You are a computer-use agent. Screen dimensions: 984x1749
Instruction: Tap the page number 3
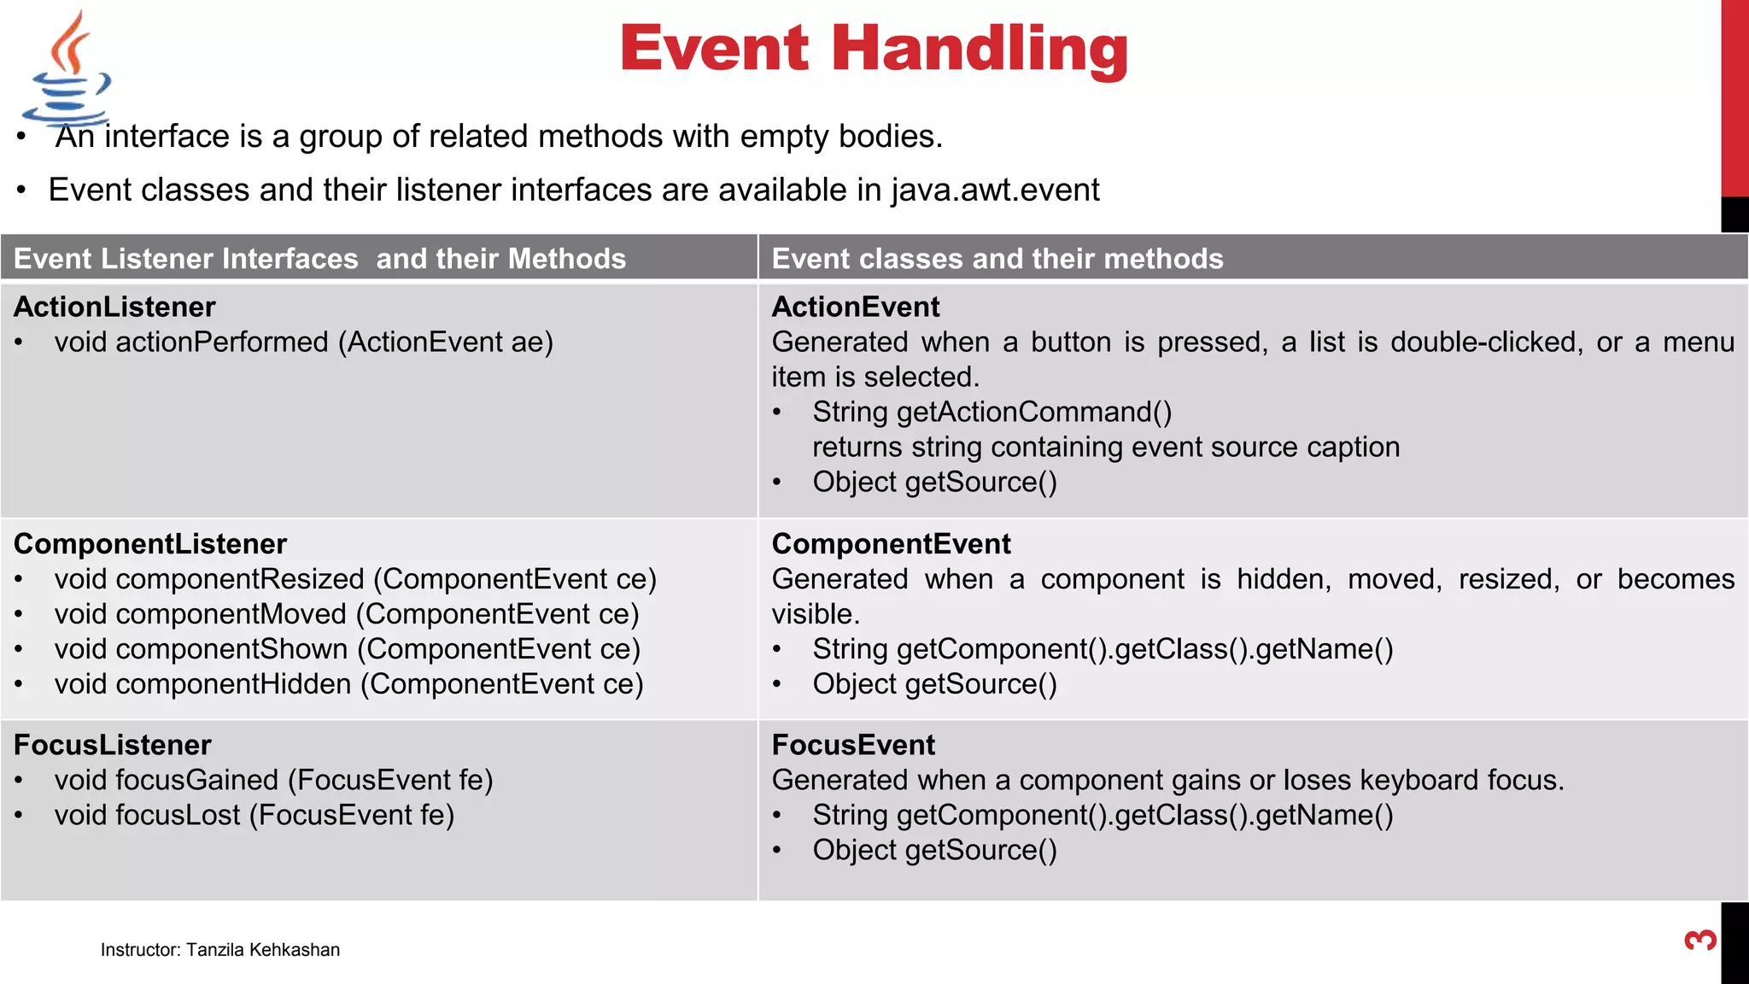click(x=1700, y=940)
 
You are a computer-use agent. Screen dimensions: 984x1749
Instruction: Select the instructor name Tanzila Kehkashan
click(x=262, y=950)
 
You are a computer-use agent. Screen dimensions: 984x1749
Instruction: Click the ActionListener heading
click(x=114, y=307)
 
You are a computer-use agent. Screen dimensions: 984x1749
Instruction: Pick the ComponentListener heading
click(x=150, y=543)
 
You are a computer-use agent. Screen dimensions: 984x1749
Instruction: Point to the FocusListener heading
click(x=113, y=745)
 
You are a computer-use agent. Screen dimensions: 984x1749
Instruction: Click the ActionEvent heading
click(x=855, y=307)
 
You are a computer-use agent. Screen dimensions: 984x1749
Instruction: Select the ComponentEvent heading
click(x=891, y=543)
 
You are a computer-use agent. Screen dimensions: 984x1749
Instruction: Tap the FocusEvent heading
click(x=853, y=745)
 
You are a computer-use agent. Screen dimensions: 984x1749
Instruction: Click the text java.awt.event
click(x=995, y=190)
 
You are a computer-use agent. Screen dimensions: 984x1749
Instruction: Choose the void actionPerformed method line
click(x=303, y=342)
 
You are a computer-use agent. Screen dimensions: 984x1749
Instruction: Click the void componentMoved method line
click(x=346, y=614)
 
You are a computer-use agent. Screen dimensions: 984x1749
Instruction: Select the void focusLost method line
click(x=254, y=815)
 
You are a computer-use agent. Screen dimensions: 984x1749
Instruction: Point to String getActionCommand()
click(x=991, y=412)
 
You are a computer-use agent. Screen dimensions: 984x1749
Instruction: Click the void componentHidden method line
click(x=348, y=684)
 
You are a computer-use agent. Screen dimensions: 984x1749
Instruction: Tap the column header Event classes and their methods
click(x=997, y=258)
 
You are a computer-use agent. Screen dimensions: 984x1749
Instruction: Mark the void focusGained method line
click(x=273, y=780)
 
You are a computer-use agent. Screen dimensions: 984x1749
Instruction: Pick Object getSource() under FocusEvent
click(x=934, y=850)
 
